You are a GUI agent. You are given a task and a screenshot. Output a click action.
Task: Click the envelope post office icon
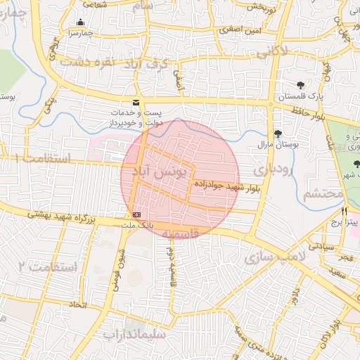[x=136, y=103]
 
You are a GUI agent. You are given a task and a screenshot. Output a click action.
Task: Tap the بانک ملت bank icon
[x=136, y=214]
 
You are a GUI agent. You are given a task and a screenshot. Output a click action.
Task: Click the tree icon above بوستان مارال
[x=278, y=134]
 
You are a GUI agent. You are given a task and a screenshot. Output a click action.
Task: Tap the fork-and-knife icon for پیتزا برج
[x=344, y=211]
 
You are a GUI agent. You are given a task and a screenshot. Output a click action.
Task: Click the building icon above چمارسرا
[x=80, y=22]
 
